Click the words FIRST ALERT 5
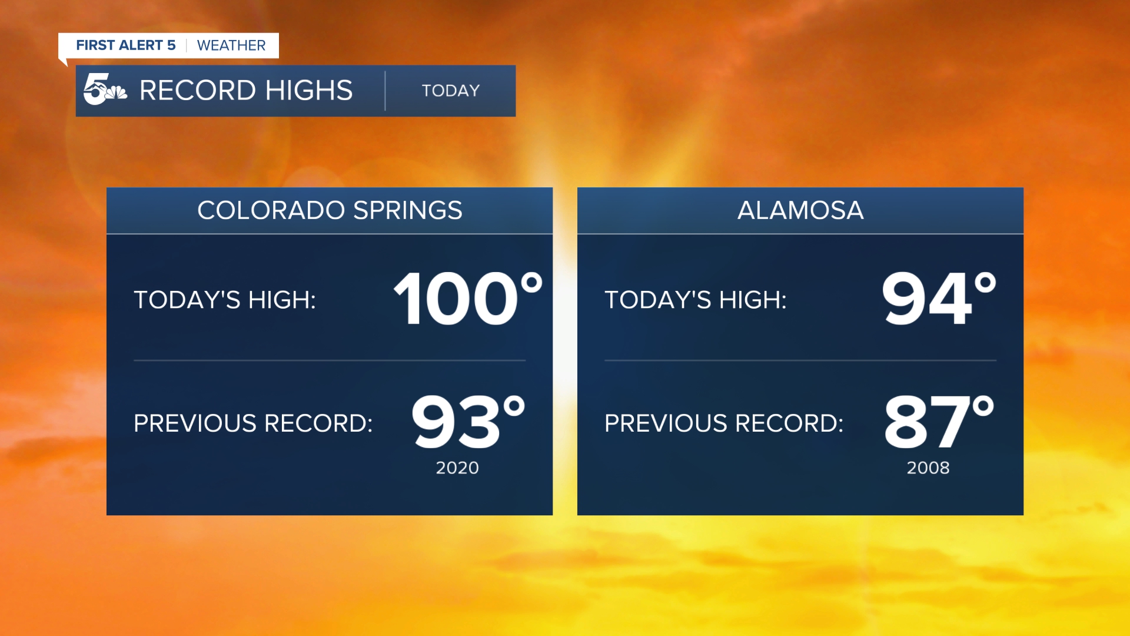click(126, 45)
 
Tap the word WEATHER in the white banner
click(231, 45)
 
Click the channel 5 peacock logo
click(105, 90)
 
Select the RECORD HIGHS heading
click(246, 91)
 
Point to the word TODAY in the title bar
click(451, 91)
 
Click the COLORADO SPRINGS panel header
click(330, 210)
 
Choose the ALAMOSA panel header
click(800, 210)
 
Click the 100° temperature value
click(468, 298)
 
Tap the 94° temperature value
click(939, 298)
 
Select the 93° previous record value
click(468, 421)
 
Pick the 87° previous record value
click(939, 421)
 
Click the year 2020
click(457, 468)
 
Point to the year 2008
click(928, 468)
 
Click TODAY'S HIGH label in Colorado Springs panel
click(225, 300)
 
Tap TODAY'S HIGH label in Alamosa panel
click(696, 300)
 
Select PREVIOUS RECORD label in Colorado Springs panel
click(253, 423)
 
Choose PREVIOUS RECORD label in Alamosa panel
click(724, 423)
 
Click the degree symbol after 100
click(531, 283)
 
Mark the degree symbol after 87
click(983, 406)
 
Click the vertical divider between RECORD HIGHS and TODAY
click(385, 91)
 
